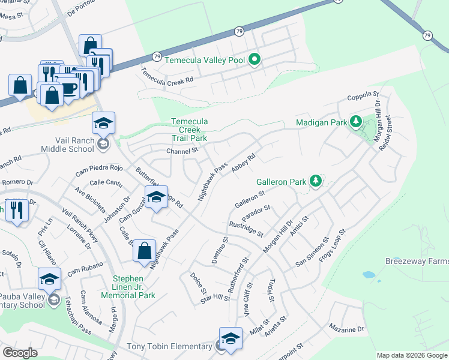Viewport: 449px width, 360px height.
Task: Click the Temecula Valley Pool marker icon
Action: point(255,59)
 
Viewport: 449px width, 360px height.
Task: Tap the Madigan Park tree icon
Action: point(356,122)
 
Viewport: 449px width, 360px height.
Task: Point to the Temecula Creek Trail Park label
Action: point(189,129)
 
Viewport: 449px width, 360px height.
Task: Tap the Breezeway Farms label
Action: point(417,262)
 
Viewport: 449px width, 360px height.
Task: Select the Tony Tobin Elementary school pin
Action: point(231,339)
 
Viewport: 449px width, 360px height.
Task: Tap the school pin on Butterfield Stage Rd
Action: point(155,197)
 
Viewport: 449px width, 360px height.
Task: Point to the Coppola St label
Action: point(364,95)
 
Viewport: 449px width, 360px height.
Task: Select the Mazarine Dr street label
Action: point(346,329)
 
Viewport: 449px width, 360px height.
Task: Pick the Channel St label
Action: point(182,151)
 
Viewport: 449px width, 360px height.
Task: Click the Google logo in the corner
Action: point(20,353)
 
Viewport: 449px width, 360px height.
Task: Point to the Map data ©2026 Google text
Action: point(411,355)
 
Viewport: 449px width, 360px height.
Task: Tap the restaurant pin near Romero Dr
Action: point(17,211)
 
